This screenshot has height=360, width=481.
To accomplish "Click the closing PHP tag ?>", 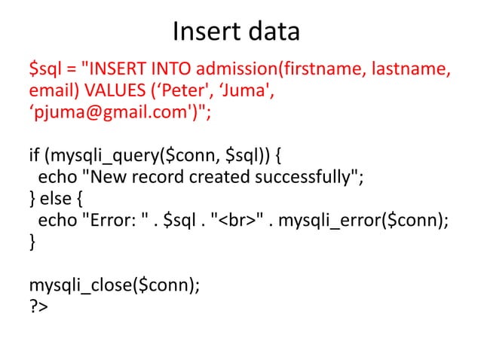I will pos(38,307).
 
